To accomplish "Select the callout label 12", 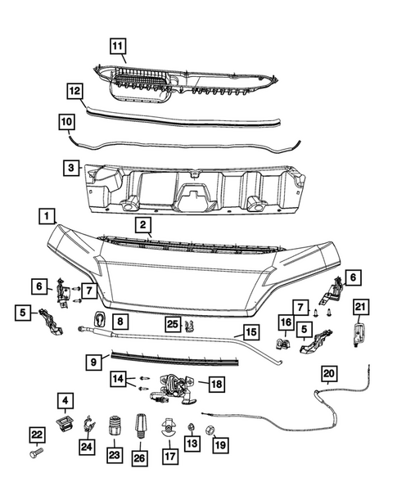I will point(74,92).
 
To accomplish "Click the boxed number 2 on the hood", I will point(142,224).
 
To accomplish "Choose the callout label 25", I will point(173,324).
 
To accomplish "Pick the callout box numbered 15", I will point(250,334).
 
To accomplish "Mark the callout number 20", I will point(329,375).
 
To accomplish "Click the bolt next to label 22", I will point(36,451).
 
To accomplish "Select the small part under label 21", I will point(359,334).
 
